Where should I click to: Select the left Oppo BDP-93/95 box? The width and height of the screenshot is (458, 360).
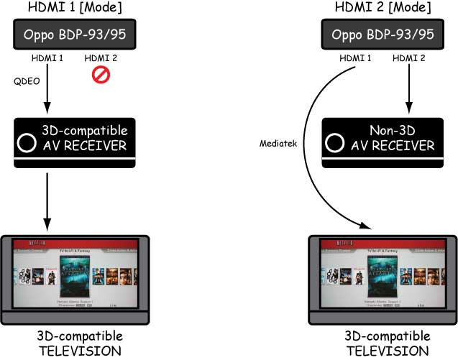(x=73, y=33)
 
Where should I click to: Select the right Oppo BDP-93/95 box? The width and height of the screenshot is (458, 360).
(x=381, y=34)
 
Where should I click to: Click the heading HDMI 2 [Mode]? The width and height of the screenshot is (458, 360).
(x=380, y=7)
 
